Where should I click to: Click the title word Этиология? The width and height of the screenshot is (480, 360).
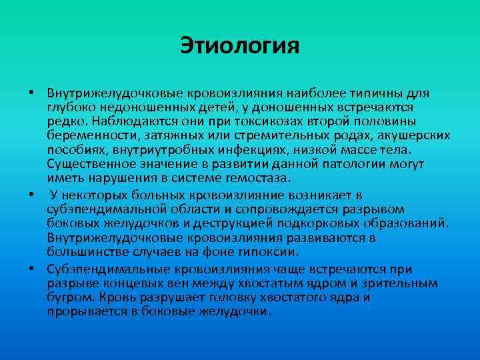(x=240, y=46)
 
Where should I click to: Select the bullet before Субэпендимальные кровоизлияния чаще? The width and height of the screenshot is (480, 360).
(x=31, y=269)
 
